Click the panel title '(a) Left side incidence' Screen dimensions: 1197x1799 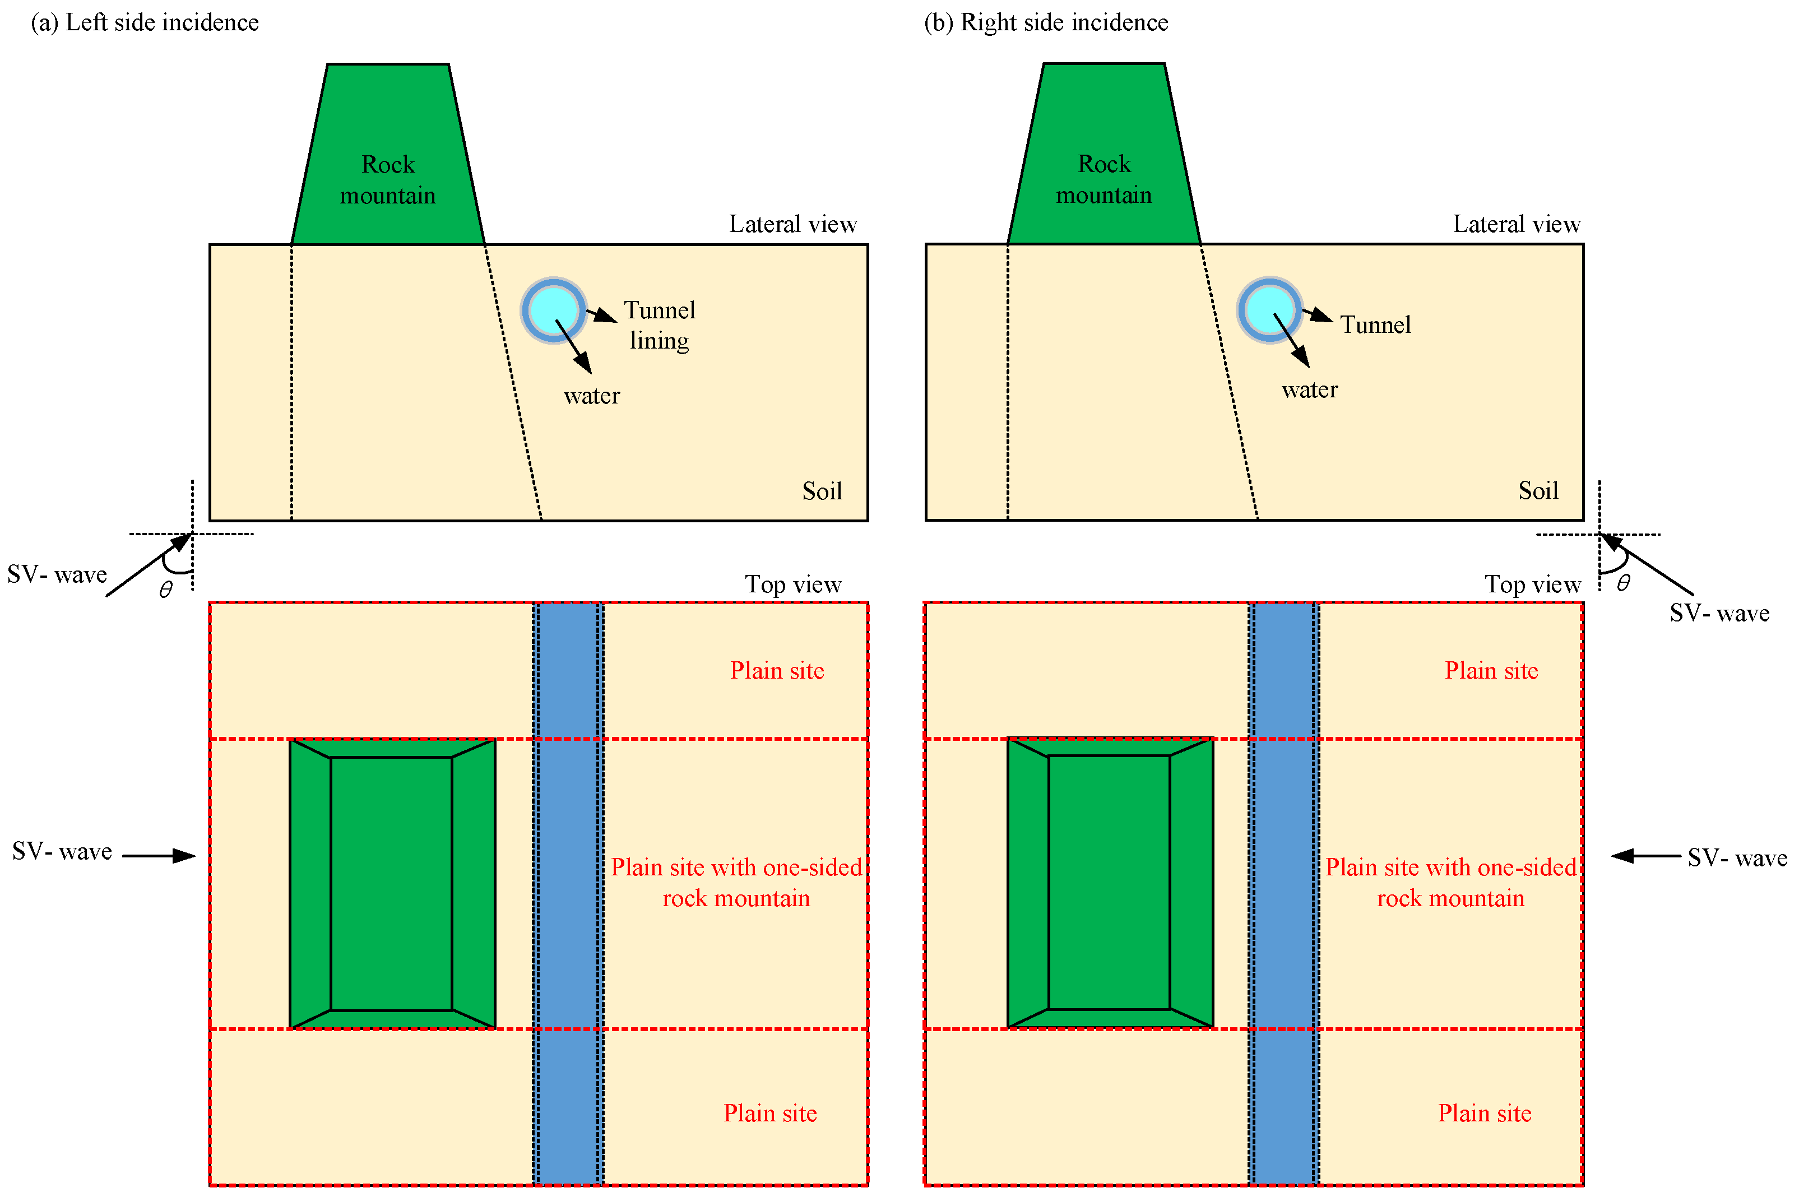click(x=144, y=23)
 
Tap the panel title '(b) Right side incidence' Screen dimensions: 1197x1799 click(x=1046, y=23)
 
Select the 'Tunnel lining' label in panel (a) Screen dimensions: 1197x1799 click(x=660, y=325)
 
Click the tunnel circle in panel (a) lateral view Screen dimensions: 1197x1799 click(x=553, y=310)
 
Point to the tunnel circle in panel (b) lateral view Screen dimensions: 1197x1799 click(x=1269, y=310)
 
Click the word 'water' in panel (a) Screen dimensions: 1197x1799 click(x=591, y=396)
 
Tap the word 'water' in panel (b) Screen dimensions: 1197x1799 click(x=1309, y=390)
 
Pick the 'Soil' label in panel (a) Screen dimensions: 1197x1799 click(x=822, y=491)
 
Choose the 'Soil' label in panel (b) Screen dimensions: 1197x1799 click(x=1538, y=490)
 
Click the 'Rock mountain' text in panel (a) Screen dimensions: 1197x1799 click(x=388, y=180)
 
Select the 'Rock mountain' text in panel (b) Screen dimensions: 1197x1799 click(x=1103, y=179)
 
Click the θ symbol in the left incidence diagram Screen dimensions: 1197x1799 click(x=166, y=590)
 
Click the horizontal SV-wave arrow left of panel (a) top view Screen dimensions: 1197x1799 click(x=159, y=856)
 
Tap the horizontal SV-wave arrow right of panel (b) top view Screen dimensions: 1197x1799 click(x=1645, y=856)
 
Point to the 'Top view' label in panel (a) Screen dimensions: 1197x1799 click(x=792, y=584)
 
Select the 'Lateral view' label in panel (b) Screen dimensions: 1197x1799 click(x=1516, y=224)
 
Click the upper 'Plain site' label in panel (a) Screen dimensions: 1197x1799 click(x=777, y=671)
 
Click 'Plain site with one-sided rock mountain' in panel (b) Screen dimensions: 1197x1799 click(x=1450, y=883)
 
